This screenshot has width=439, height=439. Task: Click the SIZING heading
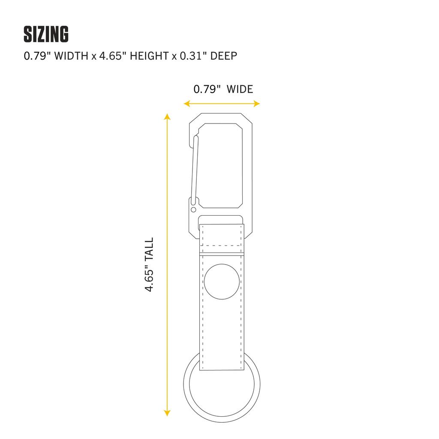[x=46, y=35]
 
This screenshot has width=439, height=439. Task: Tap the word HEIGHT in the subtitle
[x=147, y=56]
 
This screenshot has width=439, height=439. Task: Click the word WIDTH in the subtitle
[x=69, y=56]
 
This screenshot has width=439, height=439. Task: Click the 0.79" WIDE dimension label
[x=223, y=89]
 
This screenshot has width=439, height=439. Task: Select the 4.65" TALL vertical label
[x=149, y=265]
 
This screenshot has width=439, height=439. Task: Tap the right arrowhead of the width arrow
[x=257, y=103]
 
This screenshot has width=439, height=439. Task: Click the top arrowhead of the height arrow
[x=167, y=117]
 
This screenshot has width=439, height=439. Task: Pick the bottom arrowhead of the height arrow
[x=167, y=413]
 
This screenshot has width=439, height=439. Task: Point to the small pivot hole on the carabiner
[x=193, y=210]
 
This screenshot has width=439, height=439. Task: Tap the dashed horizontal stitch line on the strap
[x=222, y=245]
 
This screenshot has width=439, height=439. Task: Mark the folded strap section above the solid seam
[x=222, y=238]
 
